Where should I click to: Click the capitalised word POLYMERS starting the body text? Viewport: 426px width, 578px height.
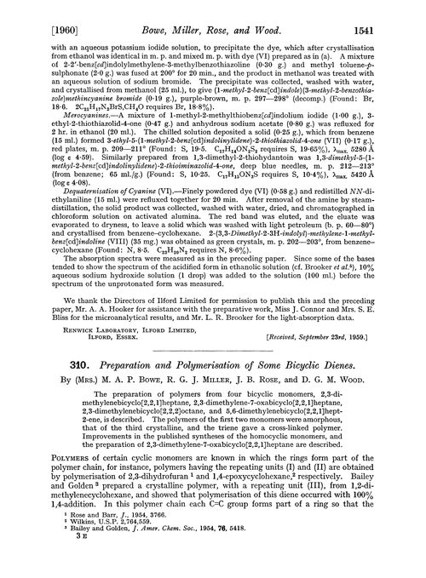coord(53,478)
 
